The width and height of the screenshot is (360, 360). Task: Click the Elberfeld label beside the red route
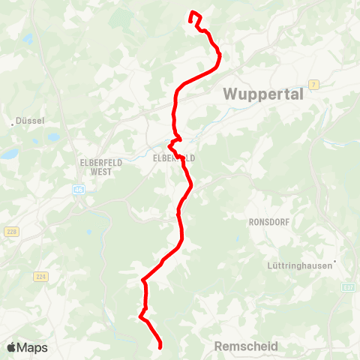[x=173, y=158]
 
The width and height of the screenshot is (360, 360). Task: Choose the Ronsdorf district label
[x=268, y=222]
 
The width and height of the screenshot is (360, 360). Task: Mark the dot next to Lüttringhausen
[x=335, y=262]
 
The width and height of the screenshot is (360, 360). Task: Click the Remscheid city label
[x=246, y=346]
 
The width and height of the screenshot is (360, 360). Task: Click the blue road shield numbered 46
[x=79, y=190]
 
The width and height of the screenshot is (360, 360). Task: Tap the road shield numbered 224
[x=40, y=277]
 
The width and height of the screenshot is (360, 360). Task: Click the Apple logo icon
[x=11, y=347]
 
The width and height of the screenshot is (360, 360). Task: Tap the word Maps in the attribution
[x=32, y=347]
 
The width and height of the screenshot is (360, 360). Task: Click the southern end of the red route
[x=160, y=346]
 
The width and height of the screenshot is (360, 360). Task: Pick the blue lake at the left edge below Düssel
[x=9, y=154]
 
